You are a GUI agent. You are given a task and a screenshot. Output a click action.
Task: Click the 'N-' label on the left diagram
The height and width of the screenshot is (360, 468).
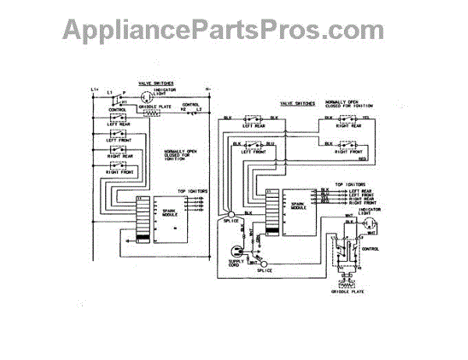(208, 90)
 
